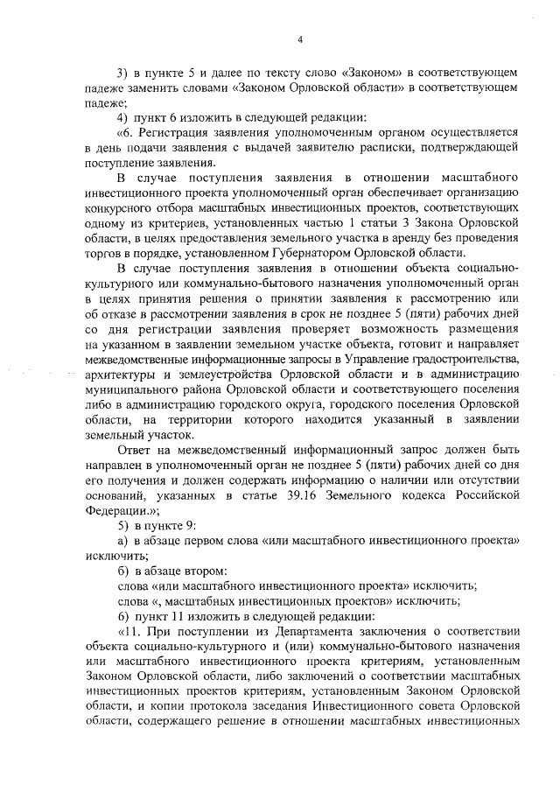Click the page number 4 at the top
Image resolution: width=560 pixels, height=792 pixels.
[x=299, y=39]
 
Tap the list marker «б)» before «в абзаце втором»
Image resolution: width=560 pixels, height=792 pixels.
[x=123, y=571]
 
